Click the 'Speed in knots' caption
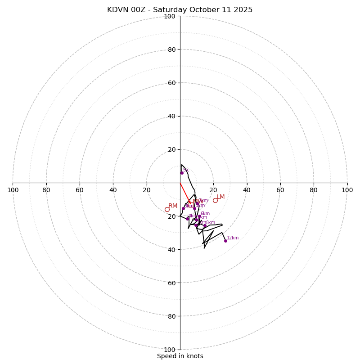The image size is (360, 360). point(180,356)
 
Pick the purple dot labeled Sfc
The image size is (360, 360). point(182,173)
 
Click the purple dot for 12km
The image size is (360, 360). point(225,241)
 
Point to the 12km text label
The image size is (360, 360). point(233,238)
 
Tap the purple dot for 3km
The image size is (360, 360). point(183,208)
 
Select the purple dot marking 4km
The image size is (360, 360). point(188,219)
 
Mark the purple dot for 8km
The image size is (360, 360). point(205,226)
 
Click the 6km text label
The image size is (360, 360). point(205,214)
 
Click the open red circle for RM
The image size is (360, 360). point(167,209)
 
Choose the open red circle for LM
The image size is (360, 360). point(215,200)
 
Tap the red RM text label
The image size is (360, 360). point(173,206)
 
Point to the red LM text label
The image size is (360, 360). point(220,197)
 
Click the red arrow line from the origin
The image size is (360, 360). point(184,192)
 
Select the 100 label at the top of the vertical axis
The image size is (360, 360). point(170,16)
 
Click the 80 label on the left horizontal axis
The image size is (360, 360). point(46,190)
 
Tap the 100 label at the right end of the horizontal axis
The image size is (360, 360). point(347,190)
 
